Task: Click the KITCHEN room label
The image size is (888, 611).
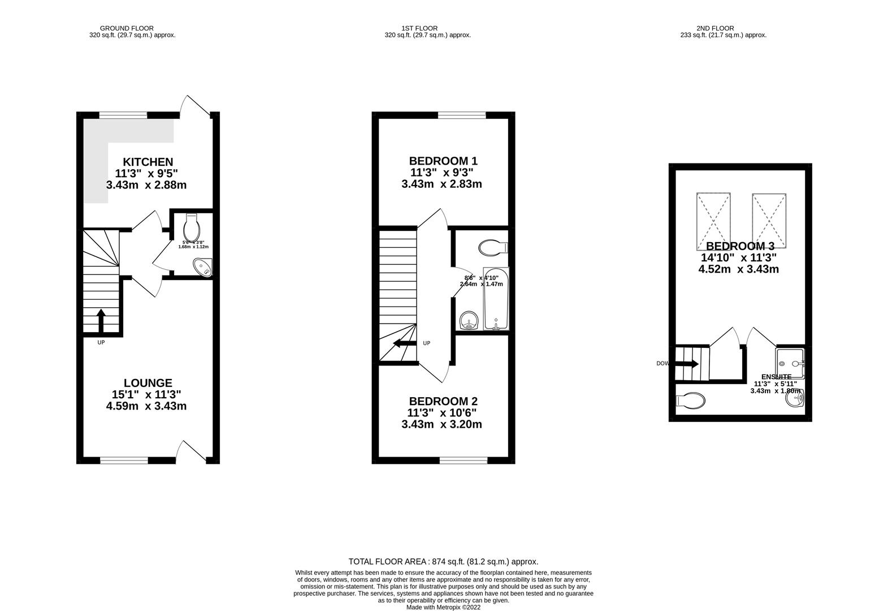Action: coord(140,162)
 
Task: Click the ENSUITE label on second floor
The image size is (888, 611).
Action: coord(776,377)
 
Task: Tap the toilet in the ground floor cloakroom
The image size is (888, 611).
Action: coord(192,227)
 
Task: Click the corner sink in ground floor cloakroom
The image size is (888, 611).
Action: coord(202,267)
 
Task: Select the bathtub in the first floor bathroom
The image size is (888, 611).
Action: coord(496,299)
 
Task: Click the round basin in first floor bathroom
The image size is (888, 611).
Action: coord(469,321)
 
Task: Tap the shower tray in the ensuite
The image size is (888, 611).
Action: coord(790,362)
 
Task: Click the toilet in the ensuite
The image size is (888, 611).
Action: coord(691,401)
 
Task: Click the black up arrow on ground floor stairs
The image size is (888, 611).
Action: coord(101,321)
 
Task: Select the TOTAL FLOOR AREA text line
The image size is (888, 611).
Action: coord(443,562)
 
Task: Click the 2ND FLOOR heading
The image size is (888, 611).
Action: coord(715,28)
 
